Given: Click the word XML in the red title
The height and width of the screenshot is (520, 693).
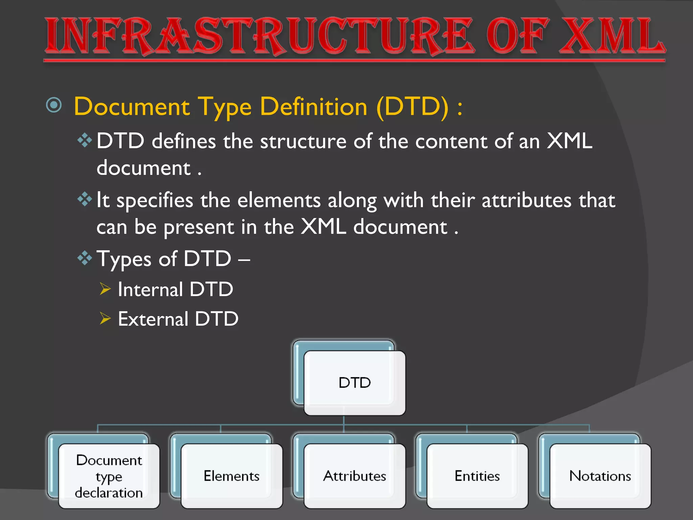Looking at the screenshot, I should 612,37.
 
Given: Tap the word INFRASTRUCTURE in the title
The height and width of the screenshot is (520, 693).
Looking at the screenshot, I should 259,37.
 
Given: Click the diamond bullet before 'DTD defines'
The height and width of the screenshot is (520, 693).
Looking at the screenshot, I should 85,140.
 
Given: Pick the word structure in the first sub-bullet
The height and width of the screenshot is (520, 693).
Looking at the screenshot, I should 303,142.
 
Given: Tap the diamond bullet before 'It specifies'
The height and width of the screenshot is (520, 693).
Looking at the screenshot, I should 85,199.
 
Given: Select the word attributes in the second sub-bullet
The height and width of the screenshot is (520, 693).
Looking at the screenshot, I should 526,200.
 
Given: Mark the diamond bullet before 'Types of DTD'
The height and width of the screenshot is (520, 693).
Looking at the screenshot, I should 85,258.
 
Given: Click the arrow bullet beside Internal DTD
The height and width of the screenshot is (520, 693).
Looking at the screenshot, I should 105,289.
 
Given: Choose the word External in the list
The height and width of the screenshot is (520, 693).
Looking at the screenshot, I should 153,319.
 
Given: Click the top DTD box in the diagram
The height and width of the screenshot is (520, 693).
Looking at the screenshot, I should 354,383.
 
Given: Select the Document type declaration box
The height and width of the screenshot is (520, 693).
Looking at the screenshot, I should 109,476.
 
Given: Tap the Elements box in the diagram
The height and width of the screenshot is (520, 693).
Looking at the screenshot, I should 231,476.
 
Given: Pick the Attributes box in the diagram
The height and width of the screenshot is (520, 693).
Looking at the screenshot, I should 354,476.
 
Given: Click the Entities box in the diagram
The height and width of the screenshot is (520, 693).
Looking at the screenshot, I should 477,476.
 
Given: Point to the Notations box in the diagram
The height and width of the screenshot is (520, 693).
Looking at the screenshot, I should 600,476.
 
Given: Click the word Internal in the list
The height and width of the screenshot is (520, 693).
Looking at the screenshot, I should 150,290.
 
